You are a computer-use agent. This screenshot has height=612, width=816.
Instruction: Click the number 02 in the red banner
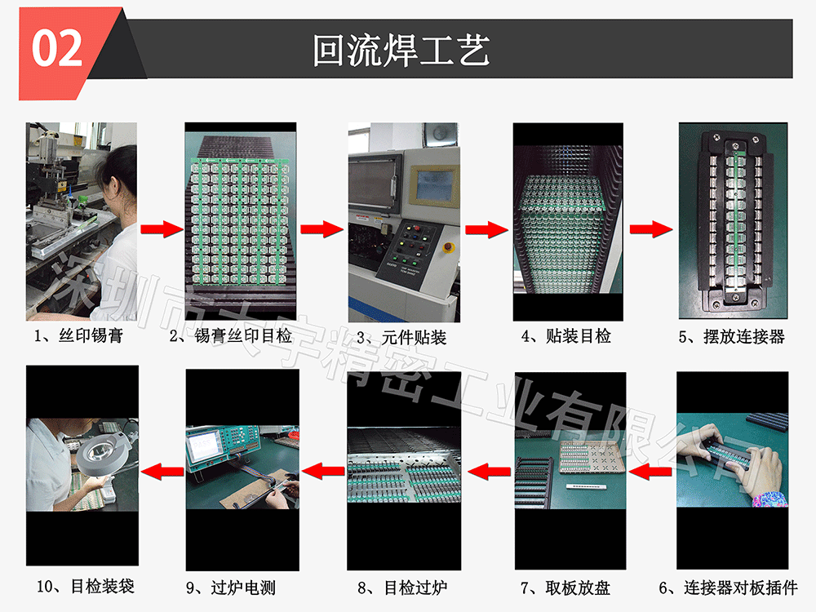tap(57, 48)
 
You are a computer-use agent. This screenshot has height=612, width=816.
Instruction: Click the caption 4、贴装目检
tap(566, 335)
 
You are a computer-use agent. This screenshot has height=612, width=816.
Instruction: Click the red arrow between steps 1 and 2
tap(161, 229)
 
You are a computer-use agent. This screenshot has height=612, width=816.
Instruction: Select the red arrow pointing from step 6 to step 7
tap(652, 471)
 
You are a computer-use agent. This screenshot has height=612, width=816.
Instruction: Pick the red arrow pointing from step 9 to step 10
tap(162, 471)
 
